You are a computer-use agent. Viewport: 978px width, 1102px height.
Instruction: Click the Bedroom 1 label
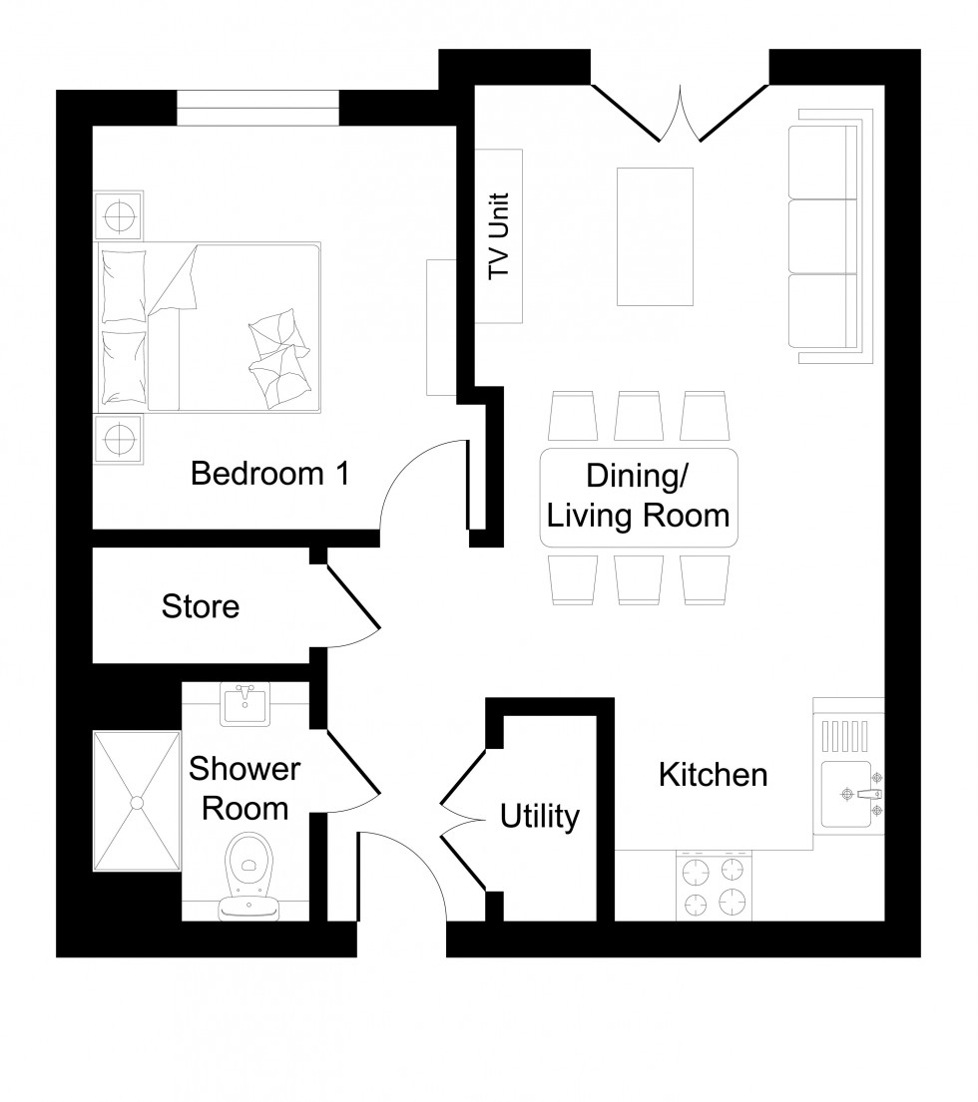point(269,473)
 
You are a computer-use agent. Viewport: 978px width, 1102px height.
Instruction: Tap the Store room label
point(201,605)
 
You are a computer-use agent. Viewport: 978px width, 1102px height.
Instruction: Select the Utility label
point(539,818)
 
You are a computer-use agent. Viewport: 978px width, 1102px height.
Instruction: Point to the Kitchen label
point(713,774)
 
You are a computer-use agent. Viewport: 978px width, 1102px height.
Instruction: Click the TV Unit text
point(499,235)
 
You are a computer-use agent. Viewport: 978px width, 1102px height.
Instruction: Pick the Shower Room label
point(244,788)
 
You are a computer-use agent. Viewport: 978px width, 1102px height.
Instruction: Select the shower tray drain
point(136,801)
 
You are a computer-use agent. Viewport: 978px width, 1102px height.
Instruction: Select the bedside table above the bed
point(119,214)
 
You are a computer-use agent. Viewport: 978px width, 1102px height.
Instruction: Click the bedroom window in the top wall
point(257,108)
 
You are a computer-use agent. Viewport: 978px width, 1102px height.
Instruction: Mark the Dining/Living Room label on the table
point(639,497)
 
